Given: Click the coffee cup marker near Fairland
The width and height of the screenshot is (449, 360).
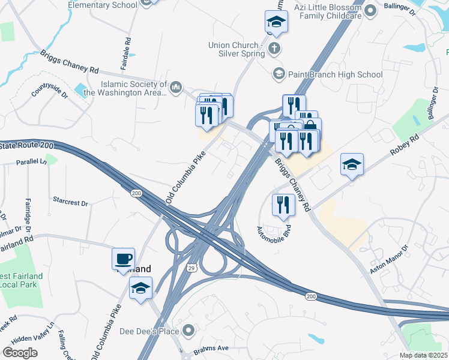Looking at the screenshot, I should [x=123, y=259].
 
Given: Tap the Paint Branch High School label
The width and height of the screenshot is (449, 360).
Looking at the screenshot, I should [x=335, y=75].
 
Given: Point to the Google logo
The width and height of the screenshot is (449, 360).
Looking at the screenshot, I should [x=20, y=353].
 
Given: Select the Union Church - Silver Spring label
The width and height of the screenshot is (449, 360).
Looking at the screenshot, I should [x=237, y=49].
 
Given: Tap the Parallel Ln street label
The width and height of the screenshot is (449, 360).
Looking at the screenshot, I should [x=31, y=162].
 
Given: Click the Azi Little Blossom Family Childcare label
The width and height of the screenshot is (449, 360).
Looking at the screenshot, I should [x=328, y=11].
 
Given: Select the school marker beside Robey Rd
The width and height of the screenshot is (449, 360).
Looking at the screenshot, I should [x=352, y=164].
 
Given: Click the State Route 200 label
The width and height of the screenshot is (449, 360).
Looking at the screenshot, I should [x=27, y=146].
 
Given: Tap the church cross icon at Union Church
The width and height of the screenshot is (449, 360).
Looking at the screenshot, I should [x=274, y=49].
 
